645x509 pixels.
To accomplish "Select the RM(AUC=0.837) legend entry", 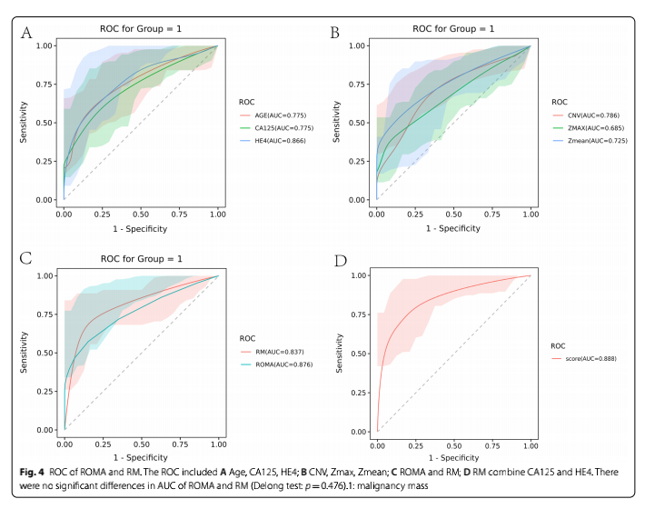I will [x=272, y=350].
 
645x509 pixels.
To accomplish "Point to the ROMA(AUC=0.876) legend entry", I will [x=276, y=364].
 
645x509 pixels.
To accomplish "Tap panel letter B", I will [x=334, y=34].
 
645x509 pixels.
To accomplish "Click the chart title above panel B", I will [x=452, y=28].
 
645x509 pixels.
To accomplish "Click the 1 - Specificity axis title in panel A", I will [x=141, y=228].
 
